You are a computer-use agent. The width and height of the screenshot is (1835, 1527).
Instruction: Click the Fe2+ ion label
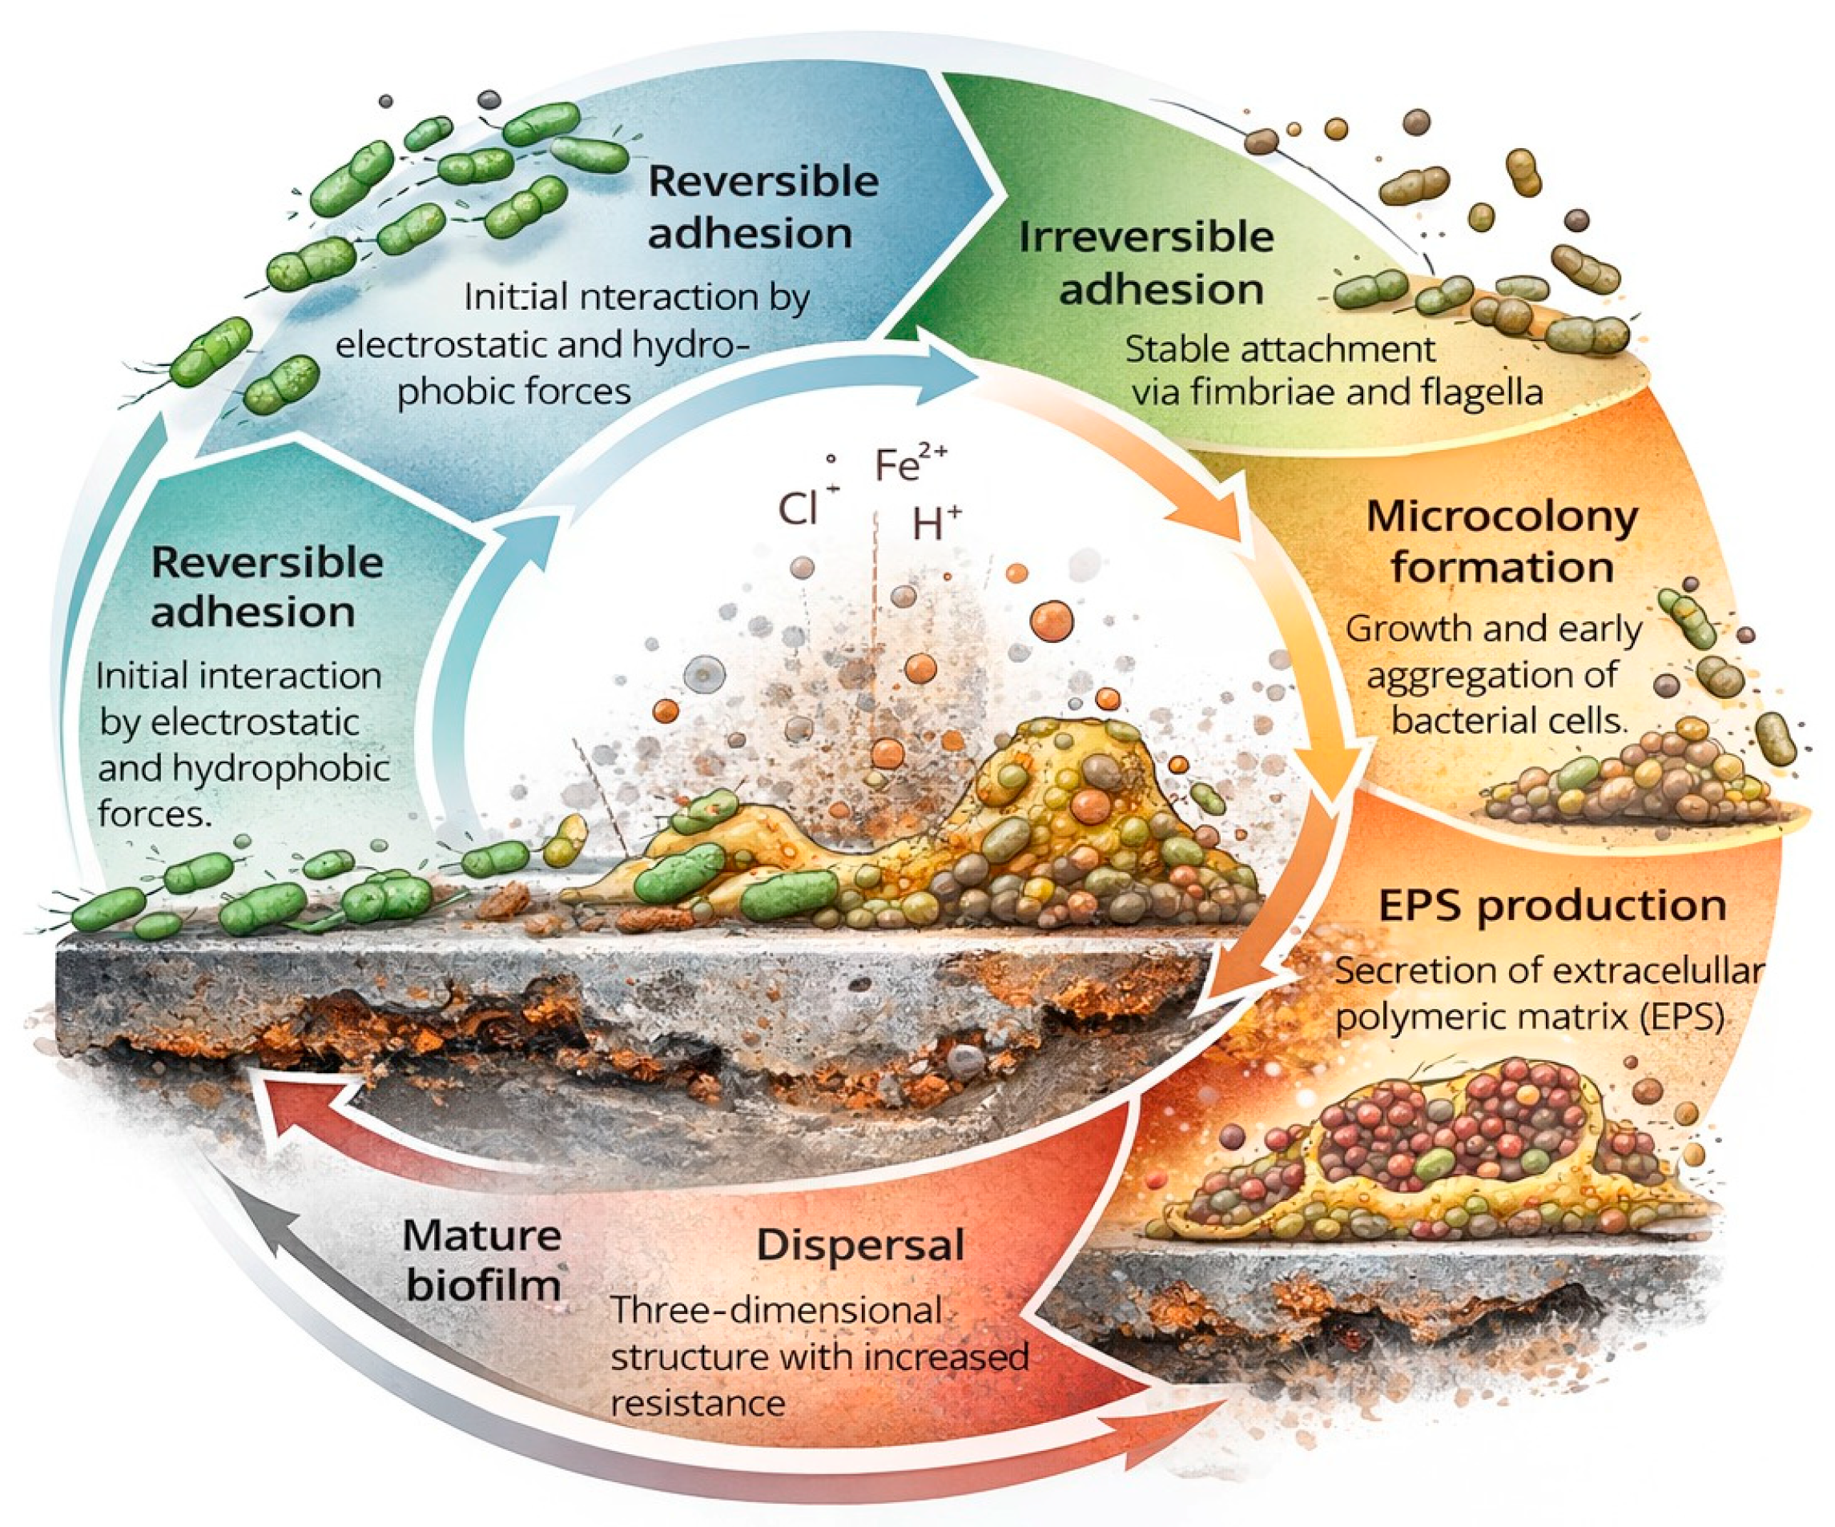(x=909, y=465)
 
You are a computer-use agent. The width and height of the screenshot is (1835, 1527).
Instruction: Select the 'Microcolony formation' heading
(x=1501, y=541)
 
